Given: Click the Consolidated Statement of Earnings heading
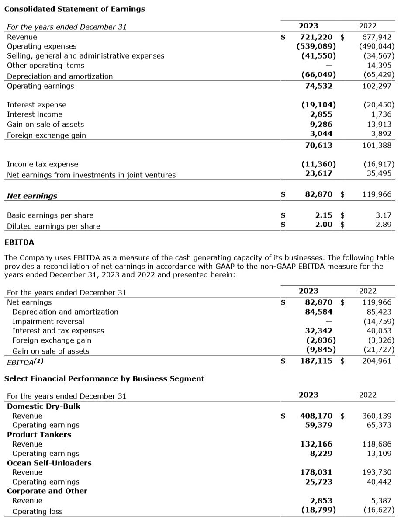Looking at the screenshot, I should click(75, 9).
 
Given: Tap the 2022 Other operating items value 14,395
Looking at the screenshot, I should click(378, 65).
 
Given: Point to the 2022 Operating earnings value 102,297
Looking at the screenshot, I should click(377, 86).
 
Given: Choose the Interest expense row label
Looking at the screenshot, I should click(37, 105).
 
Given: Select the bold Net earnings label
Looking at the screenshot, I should click(32, 196).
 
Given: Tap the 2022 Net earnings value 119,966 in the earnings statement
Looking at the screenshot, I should click(377, 194).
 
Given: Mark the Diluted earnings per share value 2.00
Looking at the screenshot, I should click(324, 225).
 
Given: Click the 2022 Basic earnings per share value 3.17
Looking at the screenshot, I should click(384, 215).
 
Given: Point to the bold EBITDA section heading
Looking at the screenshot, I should click(19, 242).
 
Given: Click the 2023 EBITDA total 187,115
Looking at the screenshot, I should click(316, 361).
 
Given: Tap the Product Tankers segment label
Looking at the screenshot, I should click(39, 434).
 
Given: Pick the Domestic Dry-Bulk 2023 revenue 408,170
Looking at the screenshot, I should click(316, 416).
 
